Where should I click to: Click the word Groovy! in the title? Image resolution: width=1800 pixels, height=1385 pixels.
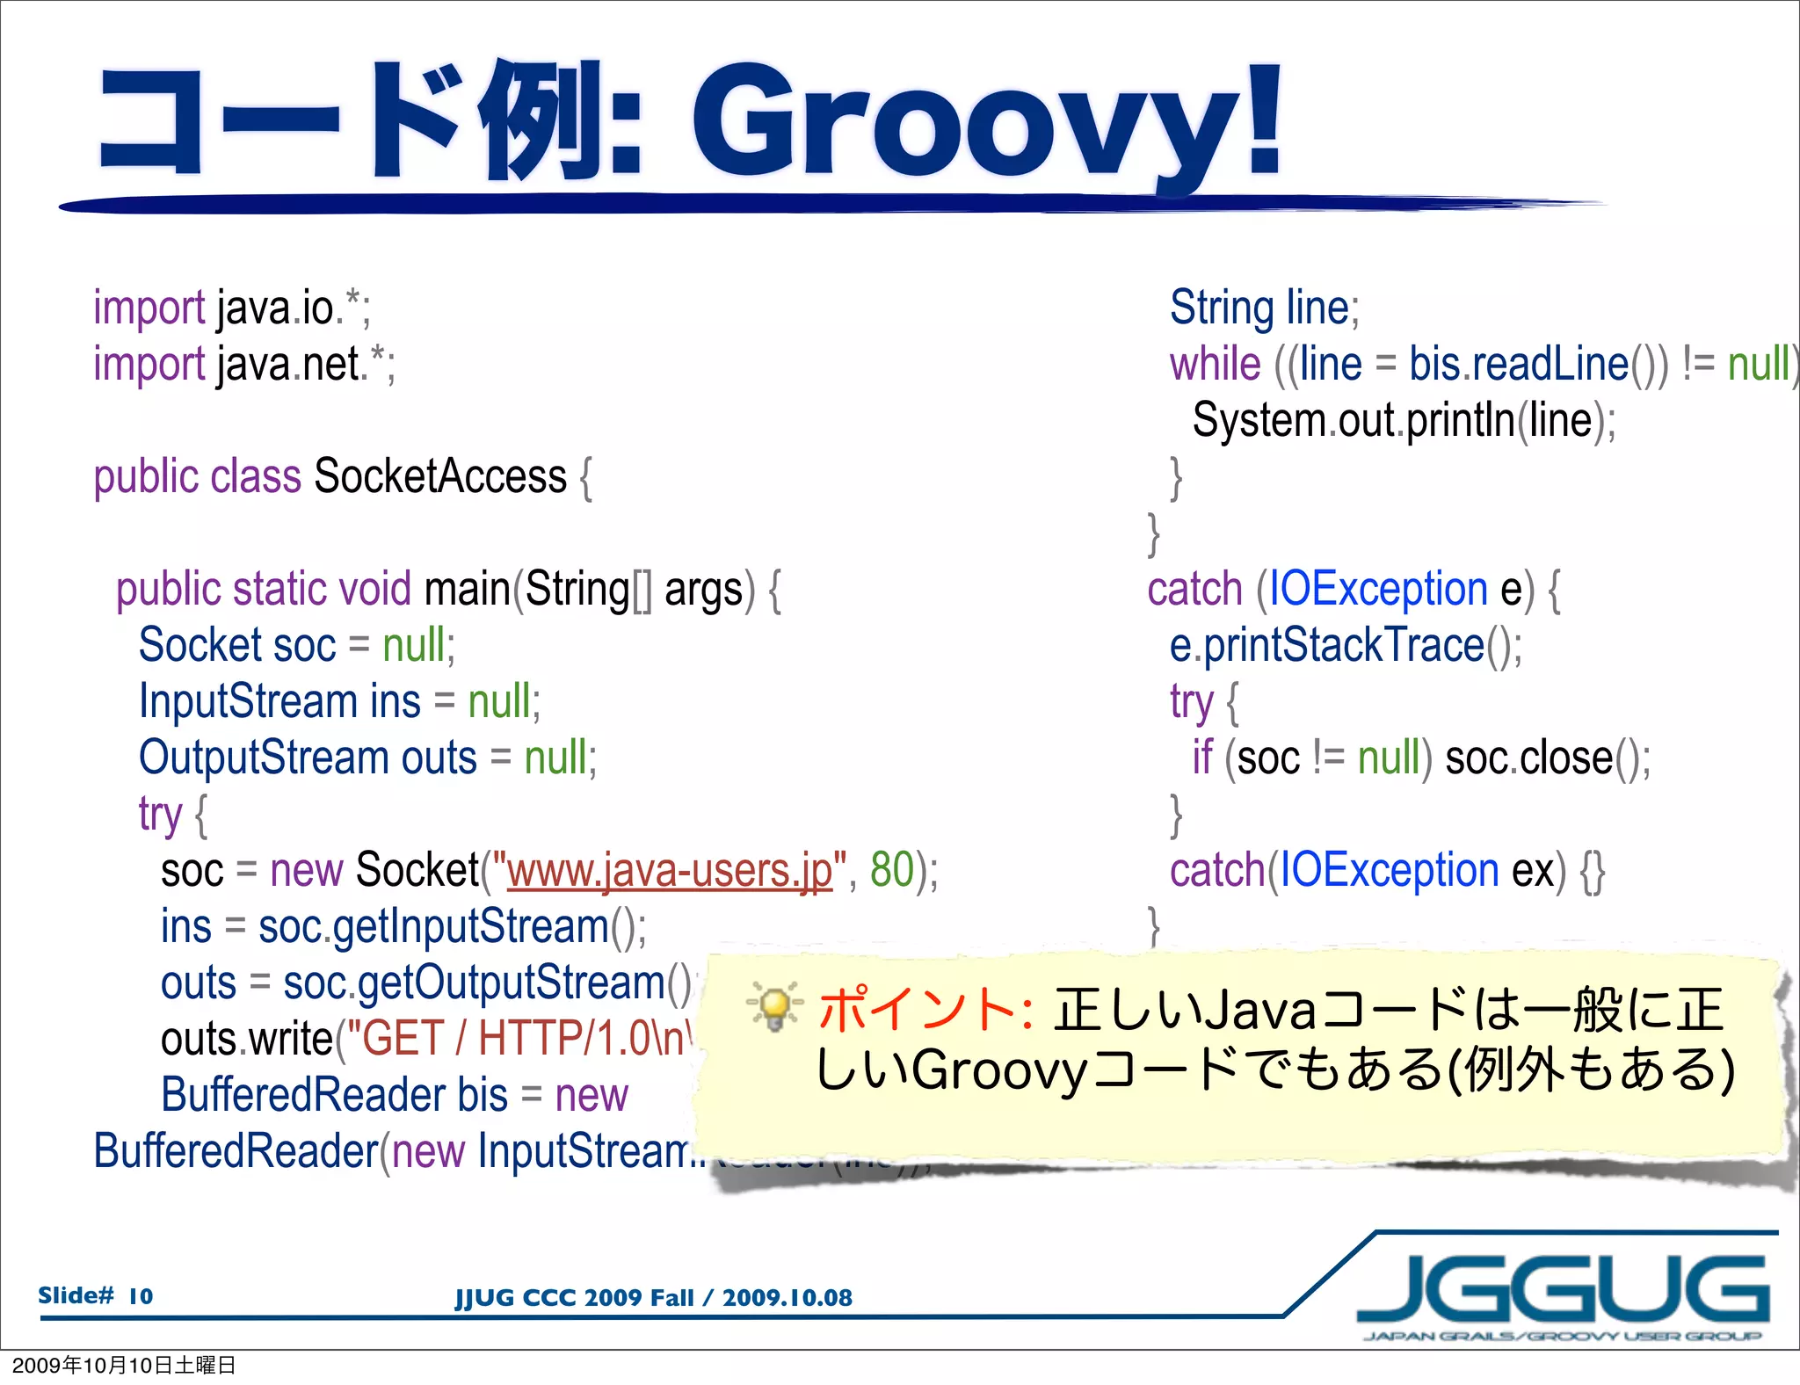pos(984,123)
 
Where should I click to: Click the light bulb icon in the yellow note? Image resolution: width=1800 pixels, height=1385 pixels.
pos(774,1007)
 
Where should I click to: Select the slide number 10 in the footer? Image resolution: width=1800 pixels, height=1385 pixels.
pos(141,1296)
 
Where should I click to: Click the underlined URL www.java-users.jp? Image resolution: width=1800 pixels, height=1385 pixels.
pos(670,871)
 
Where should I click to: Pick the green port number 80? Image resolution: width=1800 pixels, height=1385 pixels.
pos(891,870)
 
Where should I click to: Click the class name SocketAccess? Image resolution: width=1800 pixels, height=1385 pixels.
pos(439,477)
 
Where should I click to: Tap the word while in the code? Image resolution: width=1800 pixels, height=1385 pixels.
pos(1215,364)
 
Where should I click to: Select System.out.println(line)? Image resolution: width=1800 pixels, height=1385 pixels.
pos(1403,421)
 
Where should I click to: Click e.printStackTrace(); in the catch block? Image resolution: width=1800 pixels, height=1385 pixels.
pos(1345,646)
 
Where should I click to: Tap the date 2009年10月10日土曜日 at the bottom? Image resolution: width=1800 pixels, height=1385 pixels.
pos(124,1365)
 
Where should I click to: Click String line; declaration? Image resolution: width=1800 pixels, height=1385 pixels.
pos(1264,308)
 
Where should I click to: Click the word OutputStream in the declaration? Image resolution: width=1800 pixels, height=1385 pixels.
pos(264,758)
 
